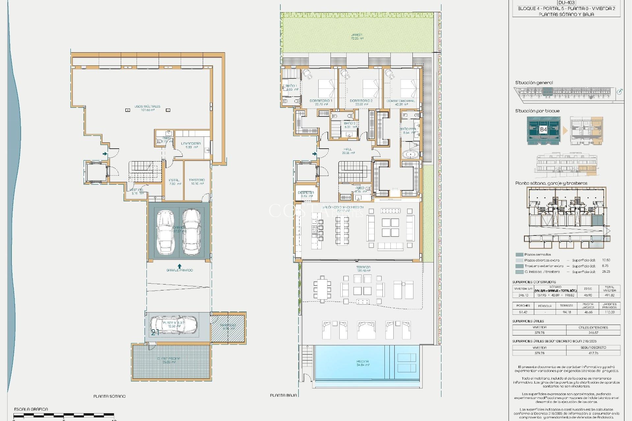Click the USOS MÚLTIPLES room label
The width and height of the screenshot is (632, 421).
[147, 107]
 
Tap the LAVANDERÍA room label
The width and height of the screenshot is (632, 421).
[191, 143]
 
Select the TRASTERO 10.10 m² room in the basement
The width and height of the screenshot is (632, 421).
[197, 182]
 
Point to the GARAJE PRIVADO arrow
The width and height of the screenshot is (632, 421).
[179, 266]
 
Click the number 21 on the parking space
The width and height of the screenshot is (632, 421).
[155, 333]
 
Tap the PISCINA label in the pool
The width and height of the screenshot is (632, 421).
[362, 361]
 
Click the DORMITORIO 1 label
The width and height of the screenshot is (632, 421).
[321, 101]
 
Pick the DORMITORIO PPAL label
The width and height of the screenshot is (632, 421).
[401, 101]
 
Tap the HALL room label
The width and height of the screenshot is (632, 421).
[348, 149]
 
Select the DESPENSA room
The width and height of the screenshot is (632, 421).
[306, 193]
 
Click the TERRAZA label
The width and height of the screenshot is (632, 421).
[363, 267]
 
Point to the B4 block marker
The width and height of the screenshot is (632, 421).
[543, 129]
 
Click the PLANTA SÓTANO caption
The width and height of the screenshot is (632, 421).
[109, 396]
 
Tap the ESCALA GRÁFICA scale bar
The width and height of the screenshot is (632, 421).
[64, 415]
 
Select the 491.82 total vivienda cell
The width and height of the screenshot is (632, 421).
[609, 295]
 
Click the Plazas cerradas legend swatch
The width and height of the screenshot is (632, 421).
[519, 255]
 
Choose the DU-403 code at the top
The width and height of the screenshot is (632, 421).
[566, 3]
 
